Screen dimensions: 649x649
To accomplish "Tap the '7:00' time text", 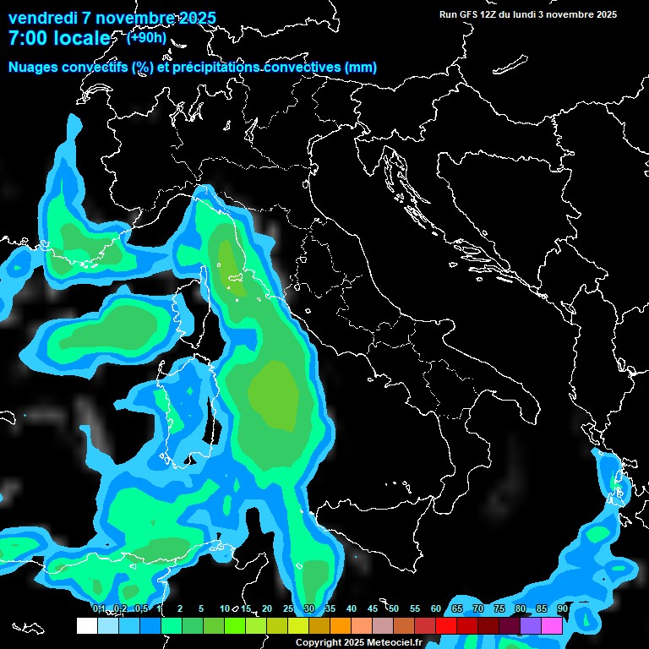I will point(30,38).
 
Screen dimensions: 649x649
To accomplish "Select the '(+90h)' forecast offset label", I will point(146,37).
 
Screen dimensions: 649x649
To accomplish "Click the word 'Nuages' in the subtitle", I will point(35,68).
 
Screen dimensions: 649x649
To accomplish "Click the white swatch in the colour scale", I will point(86,625).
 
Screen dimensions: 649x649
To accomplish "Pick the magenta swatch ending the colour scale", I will point(552,625).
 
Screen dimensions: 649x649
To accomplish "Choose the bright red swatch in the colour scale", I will point(446,625).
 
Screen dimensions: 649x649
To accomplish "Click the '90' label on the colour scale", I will point(562,609).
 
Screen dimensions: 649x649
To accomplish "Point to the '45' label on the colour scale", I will point(373,609).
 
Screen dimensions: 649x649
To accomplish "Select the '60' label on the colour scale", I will point(436,609).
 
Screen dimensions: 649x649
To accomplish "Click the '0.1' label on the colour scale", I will point(98,609).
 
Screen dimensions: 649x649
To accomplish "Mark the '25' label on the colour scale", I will point(288,609).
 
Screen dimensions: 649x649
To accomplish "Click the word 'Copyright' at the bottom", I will point(318,643).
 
